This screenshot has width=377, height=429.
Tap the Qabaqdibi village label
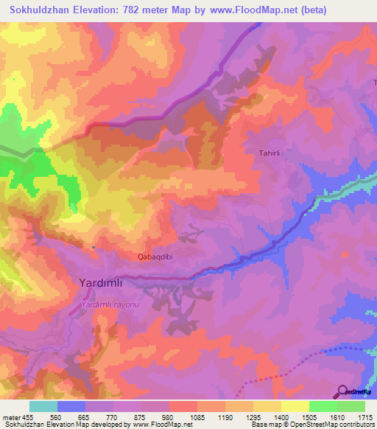click(x=160, y=257)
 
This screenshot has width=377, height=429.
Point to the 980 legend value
click(x=169, y=416)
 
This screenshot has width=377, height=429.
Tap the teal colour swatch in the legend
click(x=43, y=406)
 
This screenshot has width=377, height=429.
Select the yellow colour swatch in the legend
click(x=295, y=406)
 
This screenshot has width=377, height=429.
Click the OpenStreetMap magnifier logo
click(x=342, y=391)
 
